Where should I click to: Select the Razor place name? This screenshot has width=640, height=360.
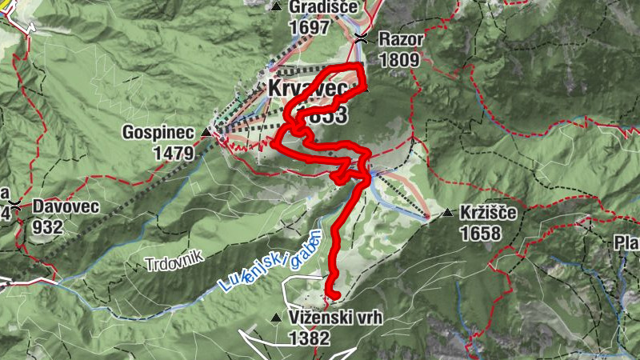[x=400, y=38]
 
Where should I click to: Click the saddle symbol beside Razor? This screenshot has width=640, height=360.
[x=362, y=38]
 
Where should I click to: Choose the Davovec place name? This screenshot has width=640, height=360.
[x=66, y=206]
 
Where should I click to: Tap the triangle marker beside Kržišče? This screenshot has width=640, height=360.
[x=447, y=214]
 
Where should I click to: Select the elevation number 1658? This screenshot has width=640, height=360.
[x=480, y=234]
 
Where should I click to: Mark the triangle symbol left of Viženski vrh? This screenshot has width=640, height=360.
[x=277, y=318]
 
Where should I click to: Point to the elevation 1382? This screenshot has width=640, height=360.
[x=310, y=338]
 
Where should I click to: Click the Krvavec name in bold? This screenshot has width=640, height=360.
[x=302, y=88]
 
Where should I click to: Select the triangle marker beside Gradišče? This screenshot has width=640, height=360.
[x=277, y=7]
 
